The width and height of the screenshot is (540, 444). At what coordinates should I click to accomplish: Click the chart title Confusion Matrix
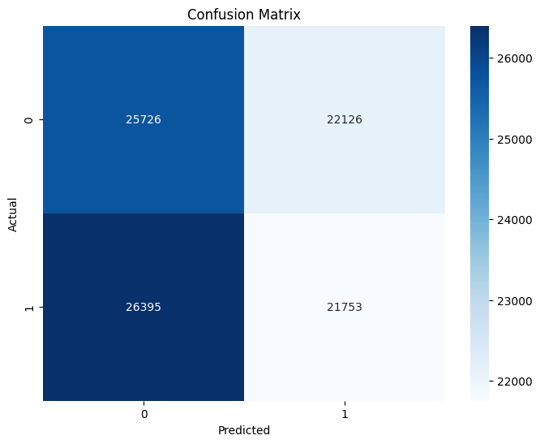click(x=243, y=15)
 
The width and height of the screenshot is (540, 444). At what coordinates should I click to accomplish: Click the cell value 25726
click(x=143, y=120)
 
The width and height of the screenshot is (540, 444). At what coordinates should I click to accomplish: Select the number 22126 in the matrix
click(x=344, y=120)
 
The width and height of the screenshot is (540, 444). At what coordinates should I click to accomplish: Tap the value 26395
click(x=143, y=308)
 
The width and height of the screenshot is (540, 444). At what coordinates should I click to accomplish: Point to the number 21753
click(x=344, y=308)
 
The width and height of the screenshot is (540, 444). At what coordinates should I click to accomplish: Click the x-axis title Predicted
click(x=243, y=430)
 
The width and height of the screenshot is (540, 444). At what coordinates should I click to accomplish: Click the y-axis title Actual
click(x=14, y=214)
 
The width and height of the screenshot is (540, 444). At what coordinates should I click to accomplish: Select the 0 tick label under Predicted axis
click(x=144, y=413)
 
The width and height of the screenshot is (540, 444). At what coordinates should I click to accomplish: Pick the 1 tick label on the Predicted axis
click(x=344, y=413)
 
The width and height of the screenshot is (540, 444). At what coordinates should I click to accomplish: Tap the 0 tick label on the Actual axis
click(x=29, y=120)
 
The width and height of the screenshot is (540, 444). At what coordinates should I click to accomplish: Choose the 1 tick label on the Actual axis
click(x=29, y=308)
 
